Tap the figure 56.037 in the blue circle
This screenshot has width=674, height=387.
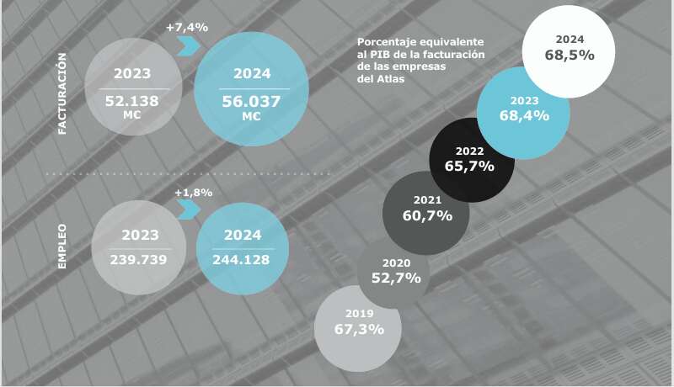click(252, 101)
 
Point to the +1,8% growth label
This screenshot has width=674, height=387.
click(193, 193)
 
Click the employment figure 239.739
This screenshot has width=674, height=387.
click(138, 259)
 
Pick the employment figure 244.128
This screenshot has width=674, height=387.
click(241, 259)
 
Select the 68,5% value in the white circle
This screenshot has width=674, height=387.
click(570, 55)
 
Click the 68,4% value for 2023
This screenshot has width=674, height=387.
click(524, 115)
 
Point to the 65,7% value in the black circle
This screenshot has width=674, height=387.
click(469, 166)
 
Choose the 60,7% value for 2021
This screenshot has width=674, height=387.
click(427, 215)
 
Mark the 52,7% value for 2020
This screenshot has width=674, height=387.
click(395, 278)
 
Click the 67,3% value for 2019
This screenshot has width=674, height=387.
click(359, 328)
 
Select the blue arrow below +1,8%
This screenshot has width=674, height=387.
click(190, 208)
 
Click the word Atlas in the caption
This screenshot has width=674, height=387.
click(393, 80)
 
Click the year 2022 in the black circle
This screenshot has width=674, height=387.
click(469, 151)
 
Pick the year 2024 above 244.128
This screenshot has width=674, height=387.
click(242, 236)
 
